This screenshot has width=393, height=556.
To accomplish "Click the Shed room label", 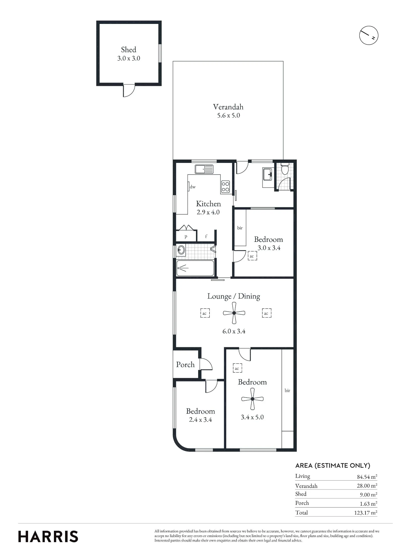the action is pyautogui.click(x=128, y=50).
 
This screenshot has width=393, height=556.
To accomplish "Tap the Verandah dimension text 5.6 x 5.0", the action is pyautogui.click(x=228, y=115).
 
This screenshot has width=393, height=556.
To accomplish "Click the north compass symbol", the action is pyautogui.click(x=369, y=35).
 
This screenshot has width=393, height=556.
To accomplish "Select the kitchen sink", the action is pyautogui.click(x=204, y=169).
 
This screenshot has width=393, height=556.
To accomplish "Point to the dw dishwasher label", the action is pyautogui.click(x=193, y=187).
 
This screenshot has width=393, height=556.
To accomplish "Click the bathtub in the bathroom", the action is pyautogui.click(x=195, y=268).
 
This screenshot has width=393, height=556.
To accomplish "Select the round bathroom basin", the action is pyautogui.click(x=181, y=250).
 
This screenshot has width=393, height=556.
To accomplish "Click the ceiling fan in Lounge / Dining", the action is pyautogui.click(x=234, y=313).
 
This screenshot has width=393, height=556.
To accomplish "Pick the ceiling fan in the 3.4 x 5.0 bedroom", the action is pyautogui.click(x=252, y=399).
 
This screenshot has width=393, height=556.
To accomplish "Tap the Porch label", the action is pyautogui.click(x=185, y=364).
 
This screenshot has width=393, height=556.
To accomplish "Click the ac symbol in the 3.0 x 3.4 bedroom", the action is pyautogui.click(x=252, y=256).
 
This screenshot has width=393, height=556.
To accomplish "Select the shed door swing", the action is pyautogui.click(x=129, y=90).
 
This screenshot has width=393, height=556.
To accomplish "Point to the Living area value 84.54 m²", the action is pyautogui.click(x=367, y=477).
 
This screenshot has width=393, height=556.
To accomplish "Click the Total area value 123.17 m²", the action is pyautogui.click(x=365, y=513).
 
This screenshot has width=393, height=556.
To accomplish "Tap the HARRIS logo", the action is pyautogui.click(x=48, y=537).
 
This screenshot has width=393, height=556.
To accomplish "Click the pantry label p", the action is pyautogui.click(x=186, y=237).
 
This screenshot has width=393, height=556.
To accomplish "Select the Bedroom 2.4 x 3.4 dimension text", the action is pyautogui.click(x=200, y=420).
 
